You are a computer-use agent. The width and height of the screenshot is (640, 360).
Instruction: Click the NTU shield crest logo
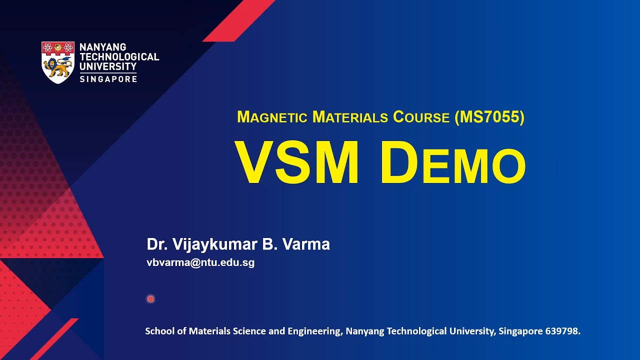58,62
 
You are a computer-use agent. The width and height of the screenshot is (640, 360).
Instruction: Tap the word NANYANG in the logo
102,47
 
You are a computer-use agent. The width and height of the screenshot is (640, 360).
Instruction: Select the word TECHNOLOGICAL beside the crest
119,57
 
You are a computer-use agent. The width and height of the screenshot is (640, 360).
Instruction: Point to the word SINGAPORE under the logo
108,79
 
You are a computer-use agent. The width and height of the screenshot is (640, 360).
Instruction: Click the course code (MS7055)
489,117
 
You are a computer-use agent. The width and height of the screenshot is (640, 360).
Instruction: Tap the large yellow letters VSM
297,162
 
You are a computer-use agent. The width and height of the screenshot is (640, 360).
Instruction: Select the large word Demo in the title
452,162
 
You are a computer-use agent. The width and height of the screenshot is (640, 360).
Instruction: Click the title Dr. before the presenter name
157,244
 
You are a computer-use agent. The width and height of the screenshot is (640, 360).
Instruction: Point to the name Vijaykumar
214,244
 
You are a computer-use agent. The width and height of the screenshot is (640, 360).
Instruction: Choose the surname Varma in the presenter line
306,244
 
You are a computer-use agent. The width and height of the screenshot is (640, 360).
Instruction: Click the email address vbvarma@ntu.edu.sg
200,263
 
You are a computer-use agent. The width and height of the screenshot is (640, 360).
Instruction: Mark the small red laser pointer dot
150,299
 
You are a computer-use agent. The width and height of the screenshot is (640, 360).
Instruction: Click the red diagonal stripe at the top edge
238,20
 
